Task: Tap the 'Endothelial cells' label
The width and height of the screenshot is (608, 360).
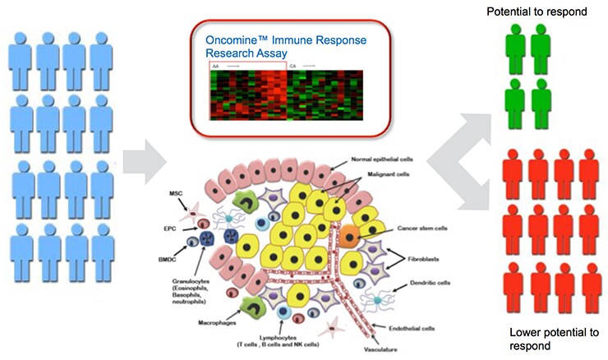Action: coord(416,327)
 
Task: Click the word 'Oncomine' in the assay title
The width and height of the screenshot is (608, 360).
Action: coord(227,39)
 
